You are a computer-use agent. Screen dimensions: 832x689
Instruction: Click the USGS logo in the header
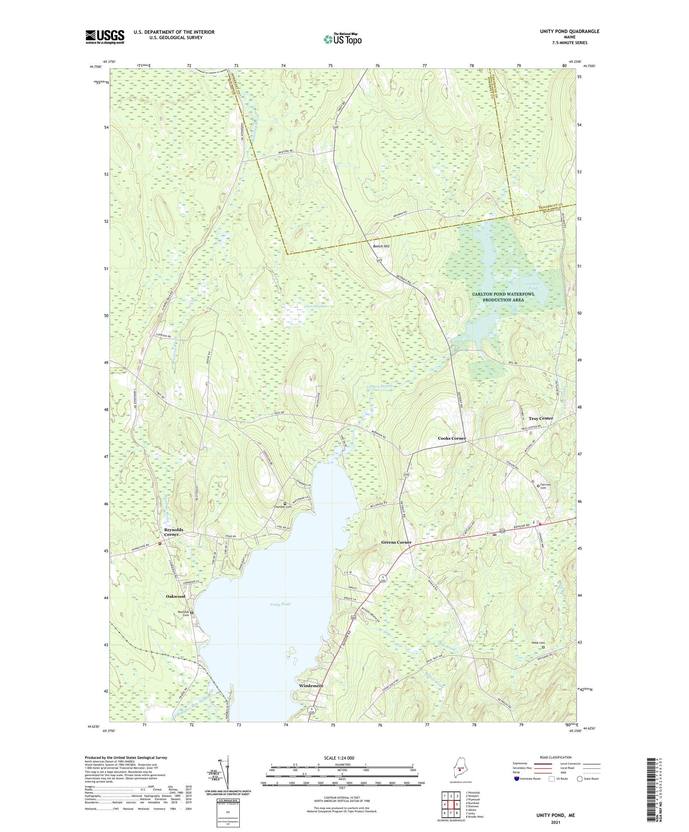pos(105,37)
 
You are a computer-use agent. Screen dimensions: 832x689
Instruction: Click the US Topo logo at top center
pos(342,39)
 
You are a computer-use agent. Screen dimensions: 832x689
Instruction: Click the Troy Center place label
pos(541,419)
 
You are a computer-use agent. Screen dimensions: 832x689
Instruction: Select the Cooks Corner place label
pos(452,438)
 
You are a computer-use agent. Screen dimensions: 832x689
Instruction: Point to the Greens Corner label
pos(396,542)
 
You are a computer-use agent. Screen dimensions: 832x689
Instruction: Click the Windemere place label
pos(311,686)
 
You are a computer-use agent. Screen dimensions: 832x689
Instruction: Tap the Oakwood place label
pos(175,596)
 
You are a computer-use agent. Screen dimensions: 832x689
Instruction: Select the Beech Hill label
pos(381,246)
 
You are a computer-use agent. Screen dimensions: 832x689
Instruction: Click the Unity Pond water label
pos(280,604)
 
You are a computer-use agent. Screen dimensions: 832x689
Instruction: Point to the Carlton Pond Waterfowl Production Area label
pos(503,296)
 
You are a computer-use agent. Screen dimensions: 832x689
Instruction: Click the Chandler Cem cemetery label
pos(282,507)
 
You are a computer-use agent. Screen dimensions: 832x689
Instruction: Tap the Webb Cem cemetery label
pos(538,643)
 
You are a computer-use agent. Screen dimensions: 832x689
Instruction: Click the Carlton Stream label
pos(379,386)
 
